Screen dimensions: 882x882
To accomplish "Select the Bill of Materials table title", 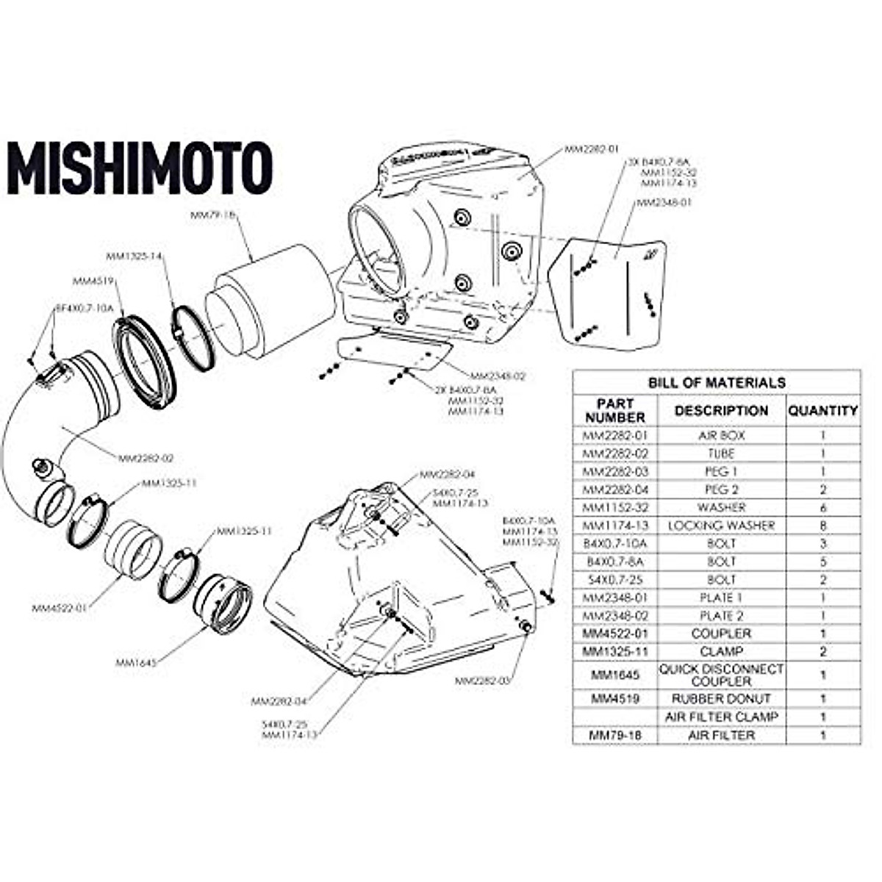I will [716, 382].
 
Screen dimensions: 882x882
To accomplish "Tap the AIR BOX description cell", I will [721, 435].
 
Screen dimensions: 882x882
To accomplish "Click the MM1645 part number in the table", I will [614, 674].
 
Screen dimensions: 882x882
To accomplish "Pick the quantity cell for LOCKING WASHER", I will [823, 526].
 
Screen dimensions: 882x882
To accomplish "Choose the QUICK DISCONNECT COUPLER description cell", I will [721, 674].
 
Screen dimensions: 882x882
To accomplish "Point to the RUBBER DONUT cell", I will [721, 698].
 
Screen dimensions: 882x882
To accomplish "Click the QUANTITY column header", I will [823, 411].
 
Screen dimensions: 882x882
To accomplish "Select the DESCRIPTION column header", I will [721, 411].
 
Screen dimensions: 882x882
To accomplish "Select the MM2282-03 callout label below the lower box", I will [481, 681].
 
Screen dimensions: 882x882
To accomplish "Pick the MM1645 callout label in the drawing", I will [135, 662].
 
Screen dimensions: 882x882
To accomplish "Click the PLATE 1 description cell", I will [721, 598].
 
